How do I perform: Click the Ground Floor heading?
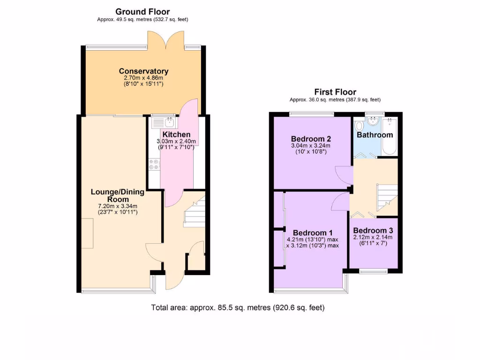point(142,12)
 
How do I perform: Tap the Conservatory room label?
point(143,71)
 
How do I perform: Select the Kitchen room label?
point(176,135)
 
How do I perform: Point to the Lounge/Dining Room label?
point(117,195)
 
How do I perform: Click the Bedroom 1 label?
point(313,233)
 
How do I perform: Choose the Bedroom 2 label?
point(311,139)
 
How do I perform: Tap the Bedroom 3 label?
point(373,231)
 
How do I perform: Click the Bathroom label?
point(375,135)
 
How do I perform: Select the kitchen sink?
point(164,122)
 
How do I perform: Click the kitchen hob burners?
point(154,165)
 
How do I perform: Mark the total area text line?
point(238,308)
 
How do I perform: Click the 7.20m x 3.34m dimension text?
point(117,206)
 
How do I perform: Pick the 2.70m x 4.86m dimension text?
point(143,78)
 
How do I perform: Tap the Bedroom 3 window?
point(374,270)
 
